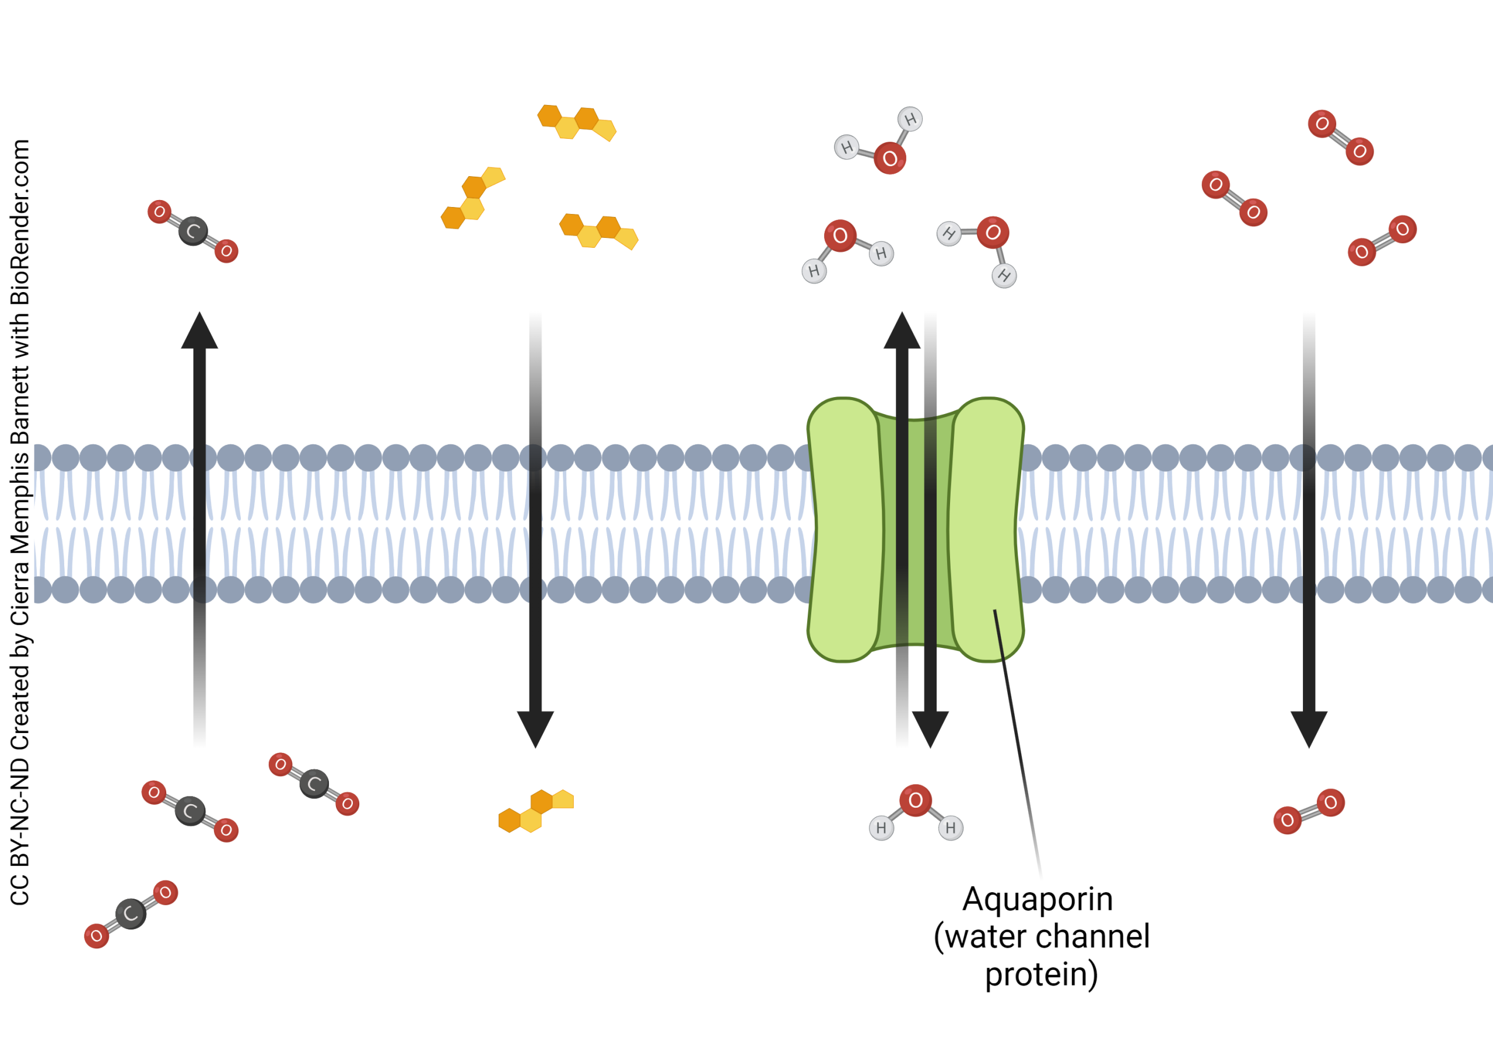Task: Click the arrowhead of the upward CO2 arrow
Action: pos(199,332)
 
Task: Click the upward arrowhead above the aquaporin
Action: pos(901,332)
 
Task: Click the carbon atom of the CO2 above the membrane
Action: pos(193,231)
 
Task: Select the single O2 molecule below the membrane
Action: pos(1308,811)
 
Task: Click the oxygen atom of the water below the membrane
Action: pos(916,801)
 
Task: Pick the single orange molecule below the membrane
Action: pos(535,811)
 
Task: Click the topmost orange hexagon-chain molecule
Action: pos(576,122)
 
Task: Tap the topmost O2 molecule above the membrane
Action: pos(1340,137)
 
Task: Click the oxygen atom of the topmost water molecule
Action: pos(889,158)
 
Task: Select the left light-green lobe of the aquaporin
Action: pos(844,530)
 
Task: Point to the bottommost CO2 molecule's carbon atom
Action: pos(131,914)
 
